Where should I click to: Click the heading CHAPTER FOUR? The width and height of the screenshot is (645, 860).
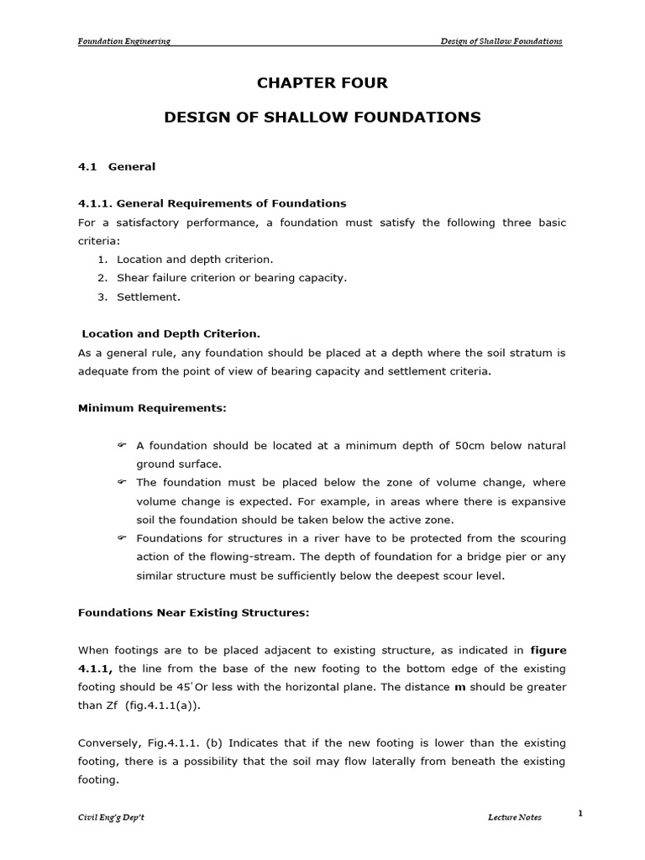[x=322, y=83]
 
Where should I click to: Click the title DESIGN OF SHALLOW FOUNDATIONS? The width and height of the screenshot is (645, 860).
[x=322, y=118]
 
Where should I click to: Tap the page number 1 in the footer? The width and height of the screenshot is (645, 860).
[x=580, y=813]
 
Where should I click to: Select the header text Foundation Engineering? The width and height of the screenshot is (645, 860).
[x=124, y=41]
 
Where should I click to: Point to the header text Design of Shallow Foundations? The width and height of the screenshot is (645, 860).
[x=502, y=41]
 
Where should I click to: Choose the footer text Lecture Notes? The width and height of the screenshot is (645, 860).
[x=515, y=818]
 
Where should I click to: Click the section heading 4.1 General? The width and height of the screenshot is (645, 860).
[x=117, y=166]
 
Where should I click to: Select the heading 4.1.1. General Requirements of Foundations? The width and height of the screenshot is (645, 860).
[x=212, y=203]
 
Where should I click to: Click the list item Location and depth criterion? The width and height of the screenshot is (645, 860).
[x=195, y=260]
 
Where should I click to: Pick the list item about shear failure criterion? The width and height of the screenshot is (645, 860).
[x=231, y=278]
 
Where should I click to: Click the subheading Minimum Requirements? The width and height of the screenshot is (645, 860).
[x=152, y=408]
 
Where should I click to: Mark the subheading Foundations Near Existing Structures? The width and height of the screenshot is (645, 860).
[x=194, y=613]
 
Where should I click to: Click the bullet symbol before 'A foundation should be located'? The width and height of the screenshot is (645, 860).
[x=121, y=445]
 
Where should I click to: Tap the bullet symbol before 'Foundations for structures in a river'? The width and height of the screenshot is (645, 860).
[x=121, y=537]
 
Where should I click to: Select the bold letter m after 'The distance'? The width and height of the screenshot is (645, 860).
[x=459, y=687]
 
